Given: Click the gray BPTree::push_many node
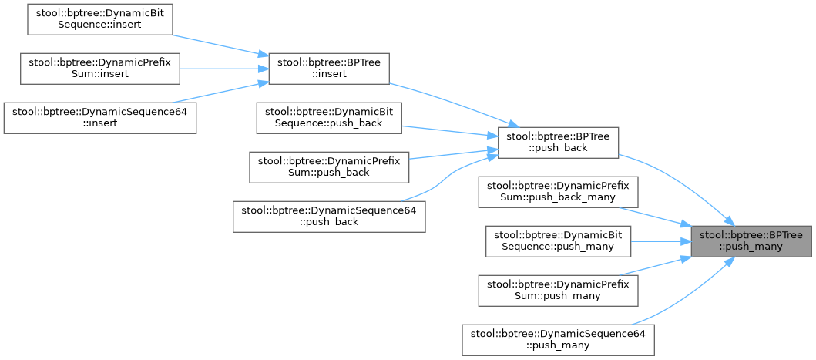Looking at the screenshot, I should point(751,241).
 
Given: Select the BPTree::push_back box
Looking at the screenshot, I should point(559,143).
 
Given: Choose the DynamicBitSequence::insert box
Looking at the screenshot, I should point(99,18).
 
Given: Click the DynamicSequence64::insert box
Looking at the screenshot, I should point(100,117).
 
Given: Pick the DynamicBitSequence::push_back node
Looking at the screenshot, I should point(329,118).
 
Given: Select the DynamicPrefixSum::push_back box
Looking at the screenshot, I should point(329,167).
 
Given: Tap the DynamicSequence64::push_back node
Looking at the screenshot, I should point(329,216).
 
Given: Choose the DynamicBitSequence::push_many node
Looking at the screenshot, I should point(558,241).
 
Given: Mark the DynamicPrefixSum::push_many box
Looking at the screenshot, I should point(558,290).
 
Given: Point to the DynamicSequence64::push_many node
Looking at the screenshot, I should point(558,339).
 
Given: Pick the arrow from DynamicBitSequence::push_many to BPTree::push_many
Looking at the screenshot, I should point(659,241).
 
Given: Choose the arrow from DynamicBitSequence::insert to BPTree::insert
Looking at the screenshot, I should point(220,43).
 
